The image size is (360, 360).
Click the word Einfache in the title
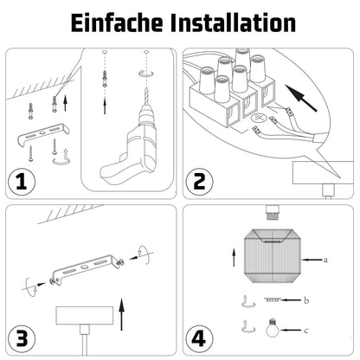(x=117, y=22)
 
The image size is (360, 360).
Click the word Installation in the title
(x=233, y=22)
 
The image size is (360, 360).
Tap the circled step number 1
(x=21, y=183)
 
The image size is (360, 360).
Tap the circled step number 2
(x=199, y=182)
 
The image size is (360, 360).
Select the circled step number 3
(x=22, y=338)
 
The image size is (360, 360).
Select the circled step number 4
(x=199, y=338)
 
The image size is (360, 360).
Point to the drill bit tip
(x=146, y=87)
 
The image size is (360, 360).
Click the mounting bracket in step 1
(x=43, y=133)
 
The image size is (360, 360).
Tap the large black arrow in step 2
(x=301, y=98)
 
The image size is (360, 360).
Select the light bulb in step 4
(x=273, y=328)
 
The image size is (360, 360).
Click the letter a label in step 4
(x=325, y=260)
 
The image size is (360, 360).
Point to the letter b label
(x=306, y=300)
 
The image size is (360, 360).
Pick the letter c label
(x=306, y=330)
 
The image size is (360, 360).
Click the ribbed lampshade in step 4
(x=273, y=255)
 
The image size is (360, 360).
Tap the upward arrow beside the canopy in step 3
(x=122, y=314)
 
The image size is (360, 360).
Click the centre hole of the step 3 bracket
(x=84, y=267)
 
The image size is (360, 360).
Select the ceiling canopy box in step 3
(x=85, y=316)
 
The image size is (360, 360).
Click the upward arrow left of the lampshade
(x=234, y=258)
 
